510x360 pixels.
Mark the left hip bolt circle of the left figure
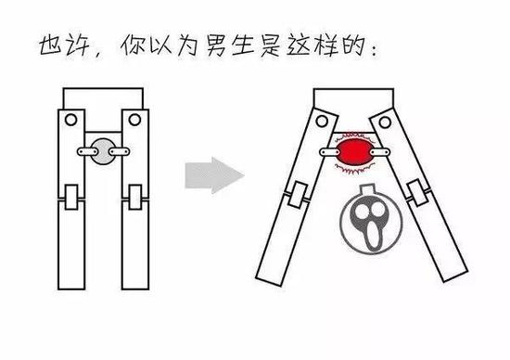[x=69, y=121]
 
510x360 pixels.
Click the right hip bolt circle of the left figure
[x=136, y=121]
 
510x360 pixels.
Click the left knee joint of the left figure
[x=70, y=199]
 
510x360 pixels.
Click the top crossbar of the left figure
[x=102, y=97]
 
